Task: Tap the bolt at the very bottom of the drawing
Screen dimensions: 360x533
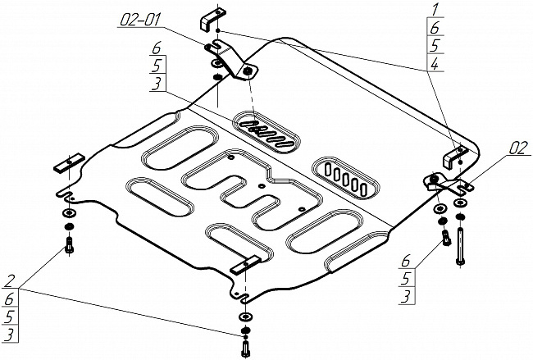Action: (x=245, y=347)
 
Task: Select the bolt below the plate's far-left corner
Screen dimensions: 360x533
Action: (x=69, y=244)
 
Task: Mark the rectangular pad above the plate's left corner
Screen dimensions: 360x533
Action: (x=70, y=162)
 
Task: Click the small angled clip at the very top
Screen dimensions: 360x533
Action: (x=211, y=17)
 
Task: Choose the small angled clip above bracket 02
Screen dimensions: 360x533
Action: (x=459, y=157)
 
